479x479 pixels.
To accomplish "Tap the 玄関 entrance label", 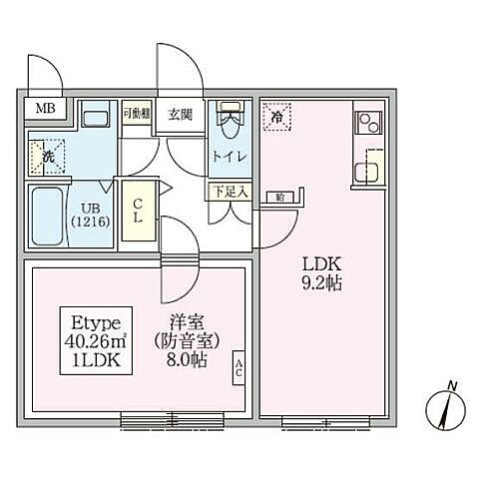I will pyautogui.click(x=181, y=113).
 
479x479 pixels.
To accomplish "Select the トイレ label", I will pyautogui.click(x=230, y=156).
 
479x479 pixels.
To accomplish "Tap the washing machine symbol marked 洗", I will pyautogui.click(x=47, y=155).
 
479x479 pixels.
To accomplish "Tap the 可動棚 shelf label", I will pyautogui.click(x=136, y=113).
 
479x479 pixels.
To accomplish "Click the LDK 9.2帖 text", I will pyautogui.click(x=324, y=273).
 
